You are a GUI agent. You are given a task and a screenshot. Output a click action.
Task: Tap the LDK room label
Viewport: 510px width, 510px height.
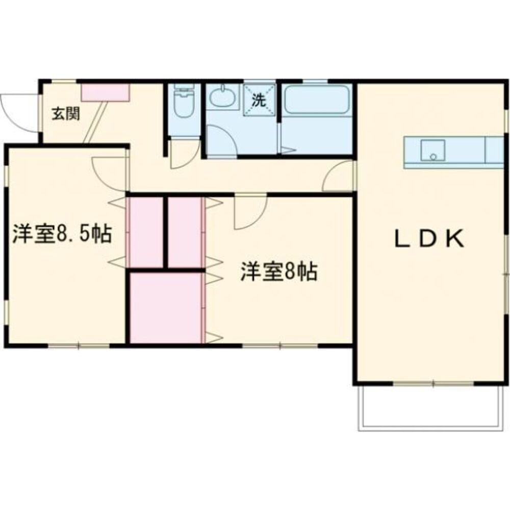pos(430,239)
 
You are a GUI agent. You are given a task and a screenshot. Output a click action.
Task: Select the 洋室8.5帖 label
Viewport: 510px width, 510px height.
pos(62,234)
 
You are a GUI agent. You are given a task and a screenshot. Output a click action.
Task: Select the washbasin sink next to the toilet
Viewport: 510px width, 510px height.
pos(223,97)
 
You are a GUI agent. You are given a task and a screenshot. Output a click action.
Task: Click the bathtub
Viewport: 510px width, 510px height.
pos(317,100)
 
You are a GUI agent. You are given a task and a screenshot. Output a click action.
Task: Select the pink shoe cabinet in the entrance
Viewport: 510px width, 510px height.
pos(106,92)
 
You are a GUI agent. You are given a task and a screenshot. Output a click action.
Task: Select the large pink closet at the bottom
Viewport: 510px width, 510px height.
pos(166,308)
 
